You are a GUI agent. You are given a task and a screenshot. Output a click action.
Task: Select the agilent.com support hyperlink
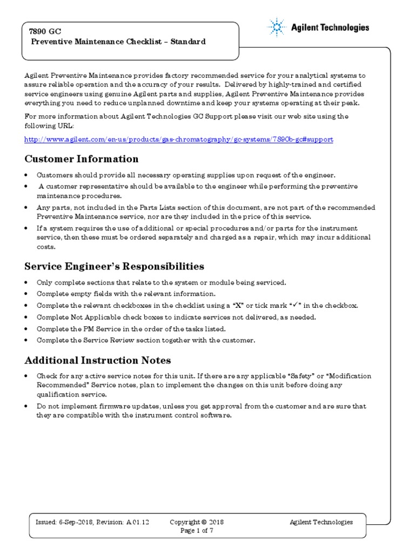point(179,140)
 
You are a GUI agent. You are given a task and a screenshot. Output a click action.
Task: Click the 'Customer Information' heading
point(82,159)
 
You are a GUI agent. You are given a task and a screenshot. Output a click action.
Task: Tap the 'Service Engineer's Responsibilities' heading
point(115,266)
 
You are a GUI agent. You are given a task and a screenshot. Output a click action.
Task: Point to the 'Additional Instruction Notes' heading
point(98,360)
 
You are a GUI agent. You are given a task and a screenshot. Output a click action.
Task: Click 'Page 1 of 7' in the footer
point(197,531)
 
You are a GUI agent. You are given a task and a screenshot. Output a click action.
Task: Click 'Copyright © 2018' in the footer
point(197,523)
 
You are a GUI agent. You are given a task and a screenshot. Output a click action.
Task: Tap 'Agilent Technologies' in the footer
point(321,523)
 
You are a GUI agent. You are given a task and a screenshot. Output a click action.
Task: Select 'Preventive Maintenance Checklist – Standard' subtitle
point(118,42)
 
